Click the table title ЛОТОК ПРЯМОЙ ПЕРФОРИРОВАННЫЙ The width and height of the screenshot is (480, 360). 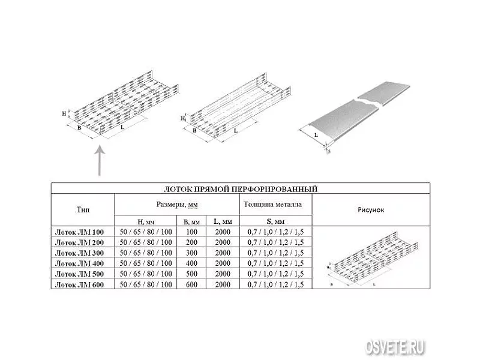click(x=241, y=189)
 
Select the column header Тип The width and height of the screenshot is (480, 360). click(x=83, y=210)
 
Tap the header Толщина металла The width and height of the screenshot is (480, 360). click(x=273, y=204)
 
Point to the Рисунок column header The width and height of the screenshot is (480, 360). click(x=371, y=210)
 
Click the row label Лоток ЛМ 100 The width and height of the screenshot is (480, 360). click(x=79, y=232)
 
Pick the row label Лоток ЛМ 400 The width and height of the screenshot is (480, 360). click(x=79, y=263)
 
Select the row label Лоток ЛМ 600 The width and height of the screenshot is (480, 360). click(x=79, y=284)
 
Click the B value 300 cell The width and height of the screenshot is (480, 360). click(x=191, y=253)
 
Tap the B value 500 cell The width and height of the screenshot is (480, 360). click(x=191, y=274)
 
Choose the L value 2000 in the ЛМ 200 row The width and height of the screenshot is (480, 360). click(x=223, y=242)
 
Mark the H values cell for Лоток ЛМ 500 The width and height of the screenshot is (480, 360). click(x=146, y=274)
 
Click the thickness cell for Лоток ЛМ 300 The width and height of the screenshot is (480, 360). click(x=275, y=253)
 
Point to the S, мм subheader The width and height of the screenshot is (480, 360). click(x=275, y=221)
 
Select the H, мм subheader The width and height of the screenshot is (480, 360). click(x=146, y=221)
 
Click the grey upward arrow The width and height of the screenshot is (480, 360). click(x=100, y=161)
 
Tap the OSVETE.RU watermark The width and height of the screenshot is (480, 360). click(x=395, y=347)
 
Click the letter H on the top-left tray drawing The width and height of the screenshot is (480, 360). click(x=64, y=113)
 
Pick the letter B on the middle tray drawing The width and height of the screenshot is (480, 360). click(x=194, y=130)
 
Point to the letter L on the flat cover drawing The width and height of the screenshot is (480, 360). click(x=316, y=134)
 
